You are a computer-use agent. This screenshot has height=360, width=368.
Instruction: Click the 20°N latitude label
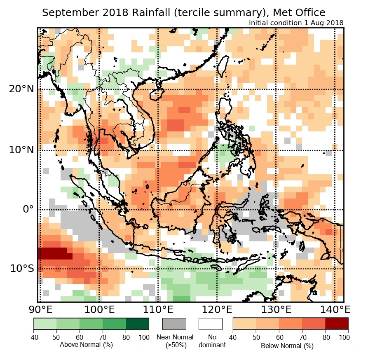20,89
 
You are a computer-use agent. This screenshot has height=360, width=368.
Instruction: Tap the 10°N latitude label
20,150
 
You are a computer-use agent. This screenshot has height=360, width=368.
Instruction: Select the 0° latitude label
26,209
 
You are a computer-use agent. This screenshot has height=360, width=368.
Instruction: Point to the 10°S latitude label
20,269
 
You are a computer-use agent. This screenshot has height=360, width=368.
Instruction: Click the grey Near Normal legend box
174,324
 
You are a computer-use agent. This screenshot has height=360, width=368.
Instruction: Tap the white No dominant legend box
210,324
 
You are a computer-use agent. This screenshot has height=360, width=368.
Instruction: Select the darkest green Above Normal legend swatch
138,324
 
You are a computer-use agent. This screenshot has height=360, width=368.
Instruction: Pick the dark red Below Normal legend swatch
337,324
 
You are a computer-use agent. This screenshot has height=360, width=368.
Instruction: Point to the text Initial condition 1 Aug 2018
296,23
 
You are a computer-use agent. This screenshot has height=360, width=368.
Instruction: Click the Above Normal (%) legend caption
86,344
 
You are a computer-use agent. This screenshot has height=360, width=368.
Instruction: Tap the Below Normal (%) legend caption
287,346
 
